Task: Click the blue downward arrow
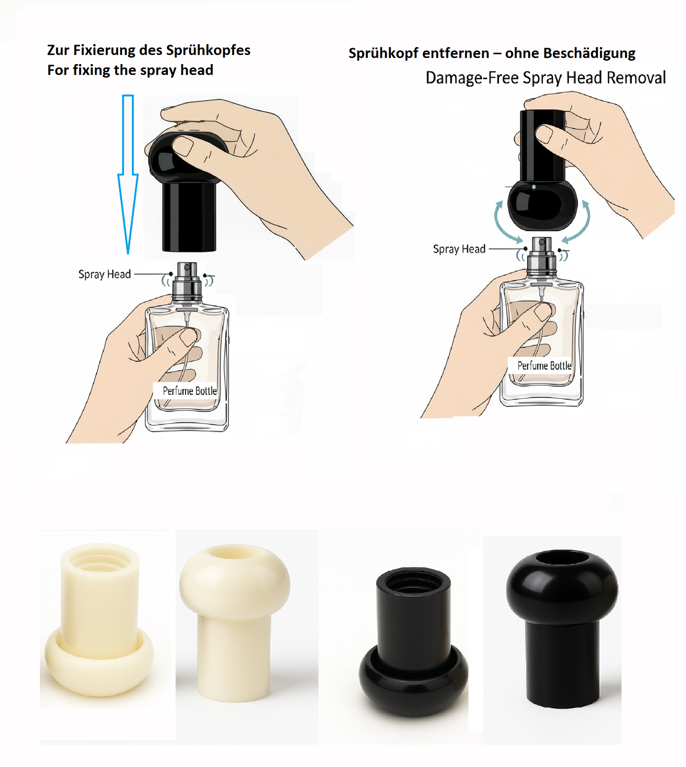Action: pos(128,174)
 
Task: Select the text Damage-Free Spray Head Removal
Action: pos(545,77)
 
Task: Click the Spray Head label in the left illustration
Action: pos(104,274)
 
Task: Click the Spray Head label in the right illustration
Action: pos(459,249)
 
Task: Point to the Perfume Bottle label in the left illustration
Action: pos(189,391)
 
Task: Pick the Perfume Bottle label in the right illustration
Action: pos(544,365)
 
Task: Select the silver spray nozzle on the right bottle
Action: pos(541,256)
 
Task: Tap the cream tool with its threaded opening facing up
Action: pos(99,620)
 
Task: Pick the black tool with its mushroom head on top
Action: pos(562,629)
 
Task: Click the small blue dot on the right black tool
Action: pos(534,187)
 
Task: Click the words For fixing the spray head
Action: pos(130,70)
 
